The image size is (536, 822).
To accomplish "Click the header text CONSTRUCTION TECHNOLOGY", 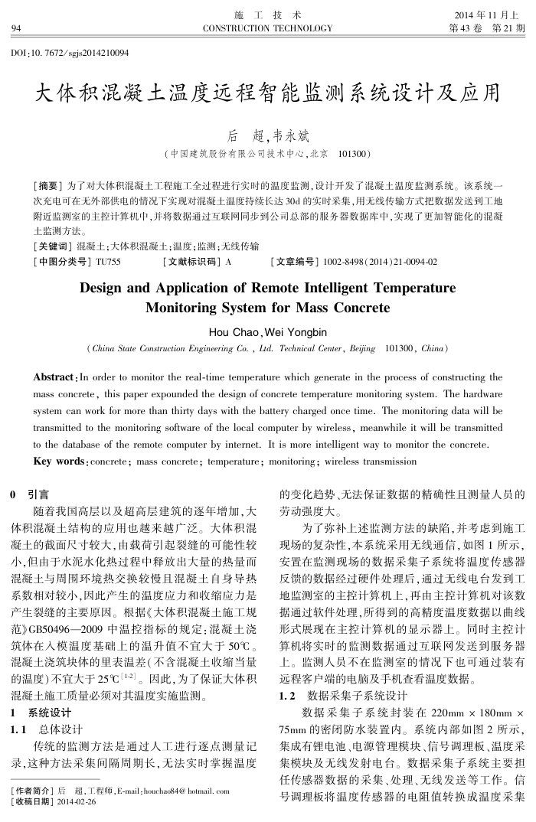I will tap(267, 28).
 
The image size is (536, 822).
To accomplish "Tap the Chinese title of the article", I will tap(267, 95).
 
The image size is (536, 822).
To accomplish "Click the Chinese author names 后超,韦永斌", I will tap(267, 136).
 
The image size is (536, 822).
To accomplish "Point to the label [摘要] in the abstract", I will tap(47, 186).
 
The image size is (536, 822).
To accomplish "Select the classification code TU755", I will tap(107, 262).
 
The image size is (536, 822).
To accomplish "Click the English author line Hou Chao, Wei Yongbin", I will tap(267, 332).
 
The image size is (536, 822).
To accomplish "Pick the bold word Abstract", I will tap(55, 377).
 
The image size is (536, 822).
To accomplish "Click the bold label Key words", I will tap(58, 462).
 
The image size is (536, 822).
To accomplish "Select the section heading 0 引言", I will tap(29, 495).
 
